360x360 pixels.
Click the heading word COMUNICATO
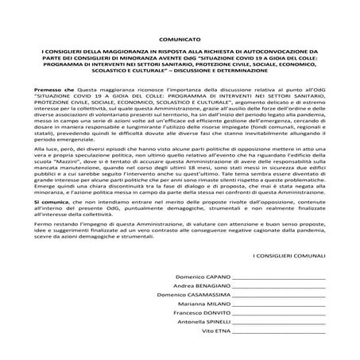click(180, 60)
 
